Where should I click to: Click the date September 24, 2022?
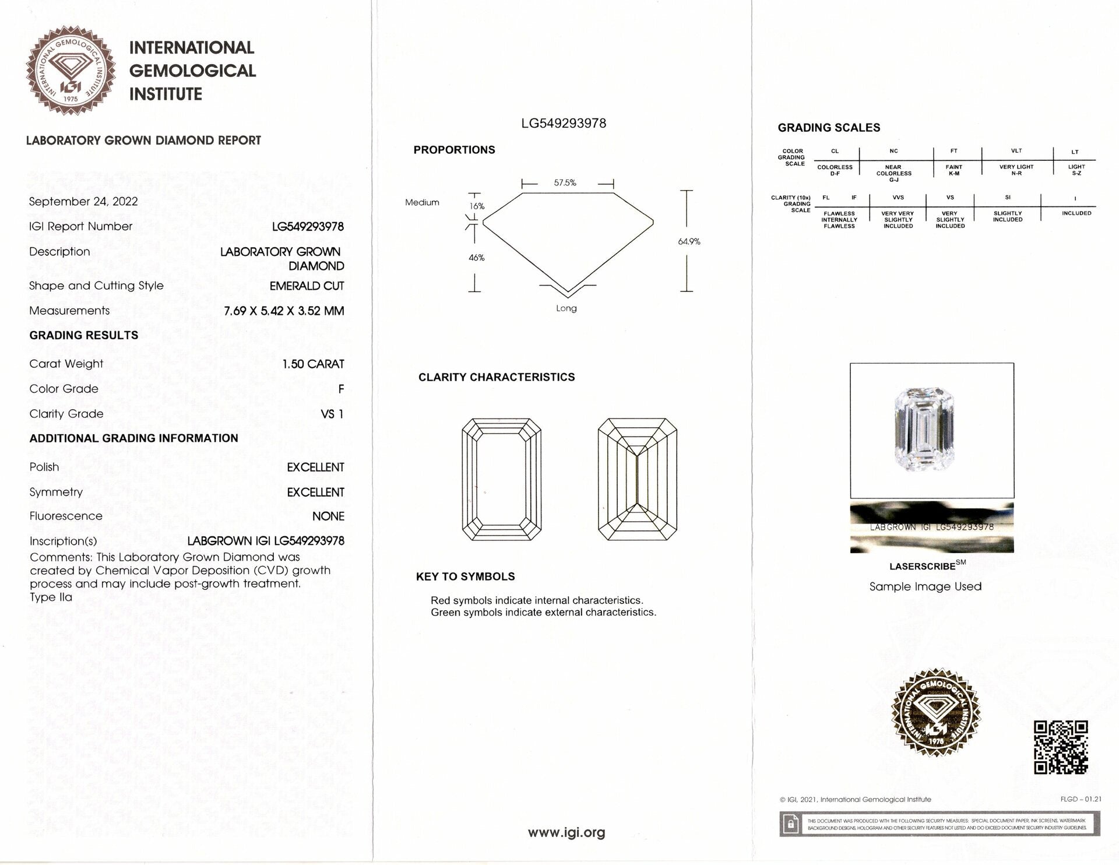83,202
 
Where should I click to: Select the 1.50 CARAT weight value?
313,364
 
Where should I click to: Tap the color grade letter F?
341,389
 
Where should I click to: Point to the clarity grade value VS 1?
332,414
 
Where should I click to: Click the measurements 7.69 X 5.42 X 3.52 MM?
284,311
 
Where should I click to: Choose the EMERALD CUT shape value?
307,286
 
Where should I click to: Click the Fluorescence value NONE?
328,516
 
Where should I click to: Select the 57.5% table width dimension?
565,183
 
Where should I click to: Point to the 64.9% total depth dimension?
689,241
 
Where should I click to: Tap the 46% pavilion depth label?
477,258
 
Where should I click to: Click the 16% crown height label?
477,206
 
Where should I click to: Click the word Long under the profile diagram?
566,308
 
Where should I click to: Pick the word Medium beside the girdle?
422,202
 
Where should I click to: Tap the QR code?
1061,747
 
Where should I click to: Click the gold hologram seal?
937,713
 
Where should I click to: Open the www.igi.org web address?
566,832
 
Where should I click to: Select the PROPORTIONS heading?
454,150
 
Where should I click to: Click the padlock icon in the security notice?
791,824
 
